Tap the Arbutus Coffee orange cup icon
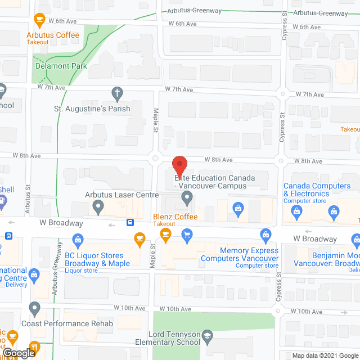pyautogui.click(x=39, y=20)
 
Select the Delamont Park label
pyautogui.click(x=61, y=66)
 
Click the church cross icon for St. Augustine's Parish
pyautogui.click(x=117, y=93)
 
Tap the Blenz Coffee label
pyautogui.click(x=175, y=217)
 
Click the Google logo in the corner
pyautogui.click(x=19, y=353)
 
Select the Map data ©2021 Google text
pyautogui.click(x=326, y=355)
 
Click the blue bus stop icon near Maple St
pyautogui.click(x=130, y=222)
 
